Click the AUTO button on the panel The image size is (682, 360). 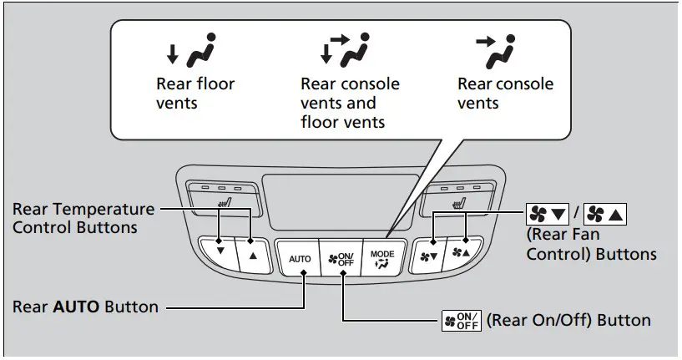[x=300, y=258]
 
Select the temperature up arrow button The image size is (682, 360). [x=251, y=252]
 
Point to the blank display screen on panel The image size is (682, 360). [x=341, y=200]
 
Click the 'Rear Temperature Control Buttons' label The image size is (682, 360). [x=83, y=218]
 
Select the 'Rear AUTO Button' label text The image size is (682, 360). [x=85, y=307]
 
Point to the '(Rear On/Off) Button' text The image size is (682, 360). [x=568, y=320]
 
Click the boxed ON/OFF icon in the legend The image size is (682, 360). [x=462, y=321]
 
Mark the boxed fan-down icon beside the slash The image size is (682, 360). [x=545, y=215]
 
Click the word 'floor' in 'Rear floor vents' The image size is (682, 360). [x=215, y=84]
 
